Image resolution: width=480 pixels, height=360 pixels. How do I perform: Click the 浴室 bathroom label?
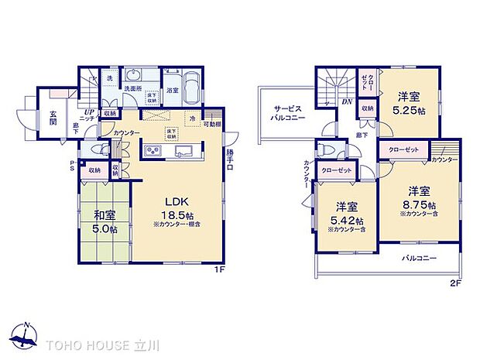172,91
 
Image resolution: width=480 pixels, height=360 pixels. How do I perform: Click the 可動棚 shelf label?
213,124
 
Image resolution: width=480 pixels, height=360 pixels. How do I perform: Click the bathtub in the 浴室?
192,83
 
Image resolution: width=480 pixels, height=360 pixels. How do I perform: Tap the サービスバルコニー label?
287,112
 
